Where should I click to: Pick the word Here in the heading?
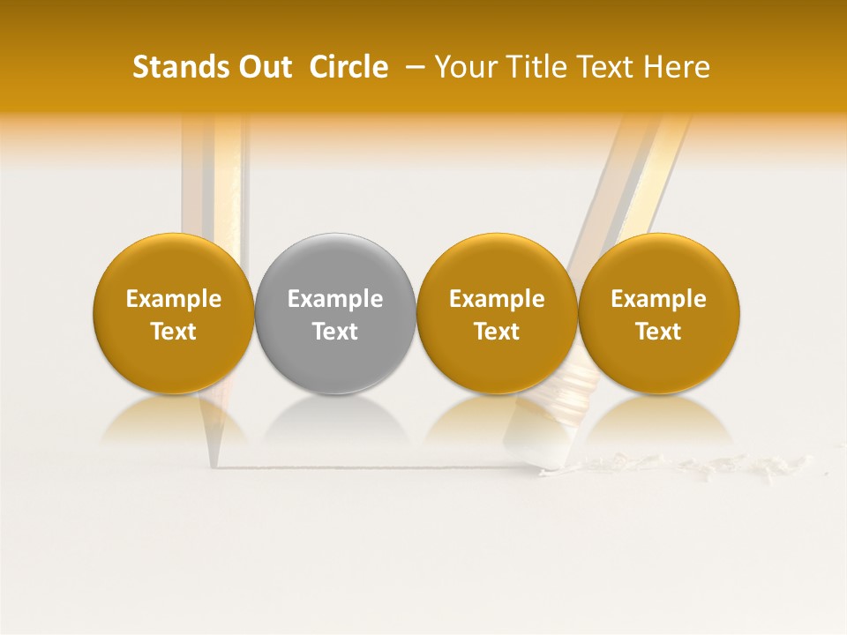point(677,67)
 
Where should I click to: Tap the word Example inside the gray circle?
point(335,299)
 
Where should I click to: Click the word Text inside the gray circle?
point(335,332)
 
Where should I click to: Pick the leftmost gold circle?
point(174,313)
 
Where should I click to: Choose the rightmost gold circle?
point(659,313)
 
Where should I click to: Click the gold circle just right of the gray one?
point(497,313)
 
